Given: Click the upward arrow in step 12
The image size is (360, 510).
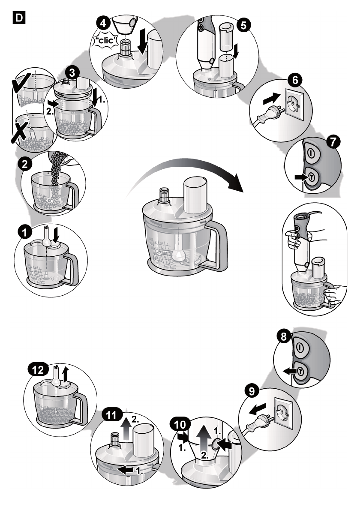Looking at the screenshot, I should click(x=66, y=374).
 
